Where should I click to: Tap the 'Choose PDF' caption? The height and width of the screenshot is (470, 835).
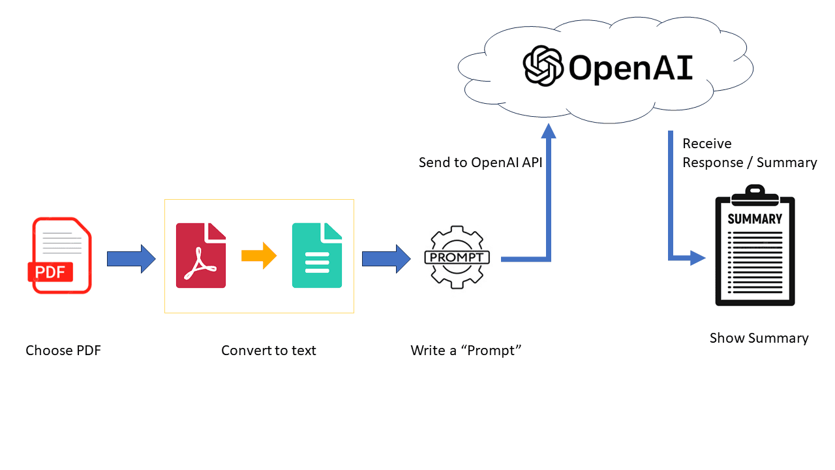pyautogui.click(x=63, y=351)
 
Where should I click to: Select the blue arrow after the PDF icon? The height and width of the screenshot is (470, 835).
pyautogui.click(x=131, y=259)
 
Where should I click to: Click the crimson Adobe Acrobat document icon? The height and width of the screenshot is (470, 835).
pyautogui.click(x=201, y=255)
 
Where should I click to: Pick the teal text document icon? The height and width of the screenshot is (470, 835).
pyautogui.click(x=317, y=255)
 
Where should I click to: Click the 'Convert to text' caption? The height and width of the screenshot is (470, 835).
pyautogui.click(x=268, y=351)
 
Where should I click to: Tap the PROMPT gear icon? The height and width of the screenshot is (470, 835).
pyautogui.click(x=457, y=257)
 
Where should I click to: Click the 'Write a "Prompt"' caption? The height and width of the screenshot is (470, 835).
pyautogui.click(x=466, y=351)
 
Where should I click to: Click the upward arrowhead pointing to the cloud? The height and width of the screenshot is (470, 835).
pyautogui.click(x=549, y=130)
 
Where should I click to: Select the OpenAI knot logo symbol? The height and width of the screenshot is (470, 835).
pyautogui.click(x=543, y=65)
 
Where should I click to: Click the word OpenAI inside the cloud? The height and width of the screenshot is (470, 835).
pyautogui.click(x=630, y=67)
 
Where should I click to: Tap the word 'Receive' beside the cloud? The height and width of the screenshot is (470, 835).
pyautogui.click(x=707, y=144)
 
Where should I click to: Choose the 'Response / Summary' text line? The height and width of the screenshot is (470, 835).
pyautogui.click(x=750, y=163)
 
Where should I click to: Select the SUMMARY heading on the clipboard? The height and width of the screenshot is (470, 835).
pyautogui.click(x=755, y=219)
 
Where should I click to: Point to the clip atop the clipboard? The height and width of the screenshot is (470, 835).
pyautogui.click(x=755, y=193)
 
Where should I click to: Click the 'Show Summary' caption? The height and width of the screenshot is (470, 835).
pyautogui.click(x=759, y=338)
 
